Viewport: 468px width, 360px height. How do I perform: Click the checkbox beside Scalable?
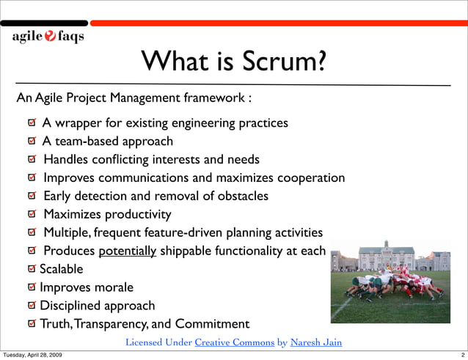click(x=32, y=269)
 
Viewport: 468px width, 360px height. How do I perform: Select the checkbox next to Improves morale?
click(x=32, y=287)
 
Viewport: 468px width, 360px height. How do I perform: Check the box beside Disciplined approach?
click(x=32, y=306)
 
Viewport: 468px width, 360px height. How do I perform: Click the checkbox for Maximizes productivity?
click(x=32, y=215)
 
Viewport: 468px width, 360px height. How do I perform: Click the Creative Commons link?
click(x=235, y=342)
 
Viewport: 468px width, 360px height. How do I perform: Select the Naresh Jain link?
click(x=316, y=342)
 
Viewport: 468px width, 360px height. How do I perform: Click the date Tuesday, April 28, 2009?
click(x=32, y=355)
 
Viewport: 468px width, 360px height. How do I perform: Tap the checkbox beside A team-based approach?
click(x=32, y=142)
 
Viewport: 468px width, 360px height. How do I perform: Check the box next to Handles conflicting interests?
click(x=32, y=160)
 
